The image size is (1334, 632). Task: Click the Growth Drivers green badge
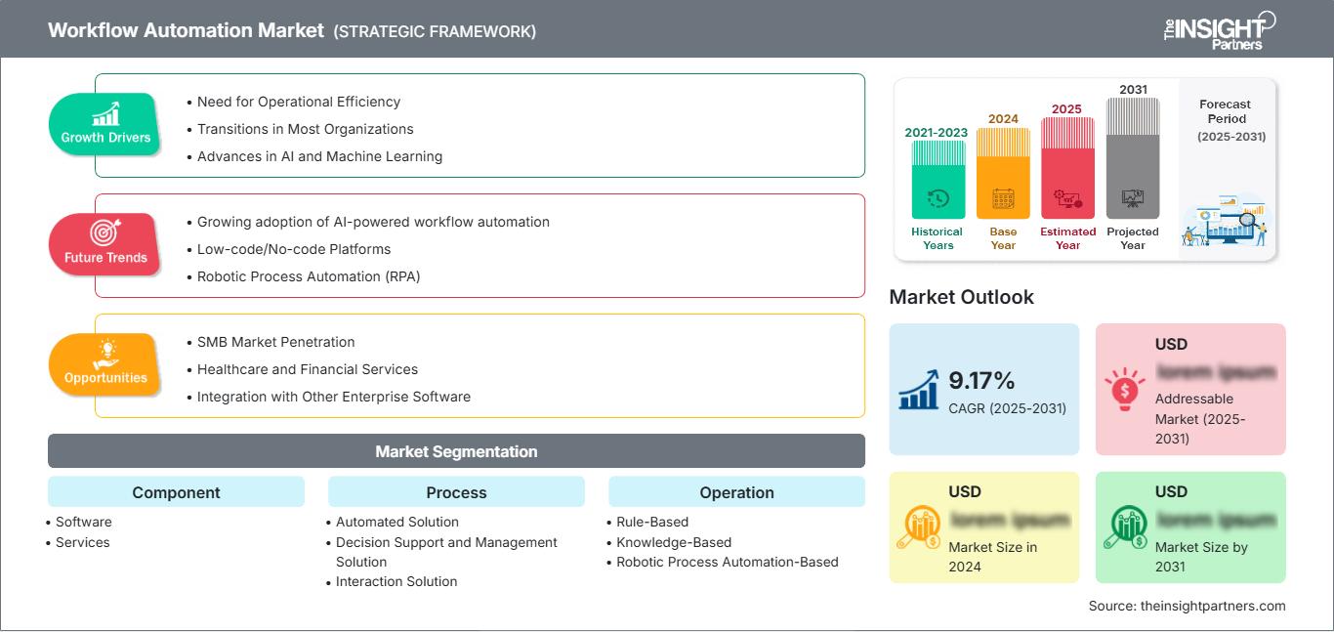104,124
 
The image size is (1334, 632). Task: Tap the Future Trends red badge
104,244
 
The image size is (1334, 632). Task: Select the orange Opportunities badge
104,364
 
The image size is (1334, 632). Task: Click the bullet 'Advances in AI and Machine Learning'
319,156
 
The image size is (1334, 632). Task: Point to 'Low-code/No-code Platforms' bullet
293,249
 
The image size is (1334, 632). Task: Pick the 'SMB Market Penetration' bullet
275,342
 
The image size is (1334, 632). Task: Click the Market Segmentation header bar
456,451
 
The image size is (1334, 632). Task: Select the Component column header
176,492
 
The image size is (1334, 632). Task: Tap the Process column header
456,492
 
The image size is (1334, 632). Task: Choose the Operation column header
736,492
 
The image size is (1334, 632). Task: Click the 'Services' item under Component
83,542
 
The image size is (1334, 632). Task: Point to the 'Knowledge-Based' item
674,542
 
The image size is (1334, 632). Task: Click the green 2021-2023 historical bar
938,180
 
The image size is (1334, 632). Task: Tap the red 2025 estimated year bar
1067,168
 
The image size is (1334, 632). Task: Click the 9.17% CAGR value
981,380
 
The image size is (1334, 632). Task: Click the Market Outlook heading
961,297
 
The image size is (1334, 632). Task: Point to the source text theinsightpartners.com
1187,606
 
